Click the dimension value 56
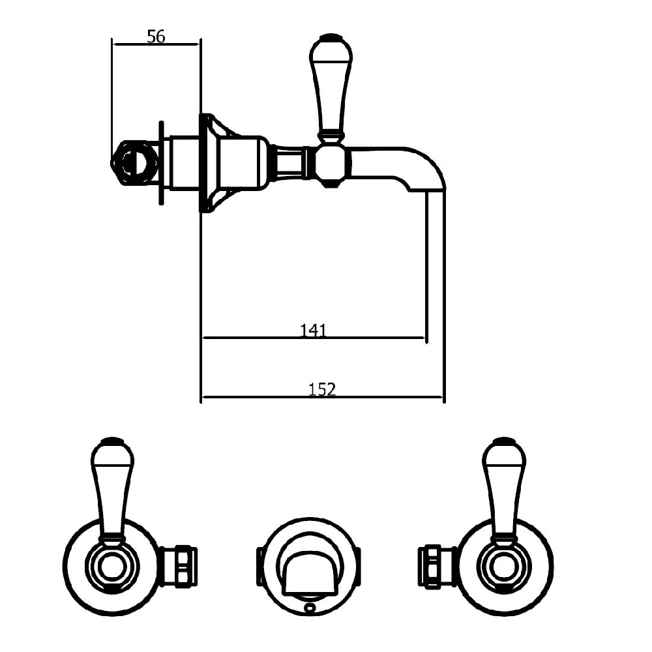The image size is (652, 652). pyautogui.click(x=156, y=37)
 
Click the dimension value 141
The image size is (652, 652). pyautogui.click(x=313, y=331)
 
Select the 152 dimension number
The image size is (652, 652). pyautogui.click(x=322, y=389)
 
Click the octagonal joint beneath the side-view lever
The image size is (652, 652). pyautogui.click(x=330, y=164)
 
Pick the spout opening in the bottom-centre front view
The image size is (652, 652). pyautogui.click(x=309, y=572)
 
